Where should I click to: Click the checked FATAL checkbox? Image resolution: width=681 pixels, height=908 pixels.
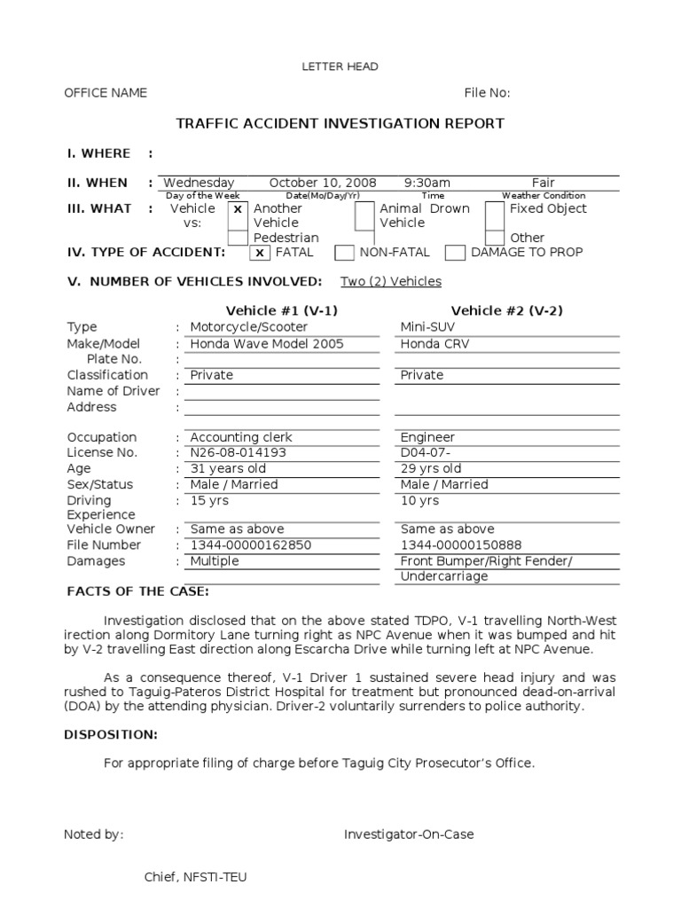(259, 253)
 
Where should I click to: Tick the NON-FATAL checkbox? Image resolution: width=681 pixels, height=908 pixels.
(344, 253)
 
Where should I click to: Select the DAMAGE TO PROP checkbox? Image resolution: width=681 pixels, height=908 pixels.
(455, 253)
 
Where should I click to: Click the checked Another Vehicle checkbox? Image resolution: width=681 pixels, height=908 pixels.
(237, 210)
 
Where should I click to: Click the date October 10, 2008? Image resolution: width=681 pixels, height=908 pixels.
(323, 183)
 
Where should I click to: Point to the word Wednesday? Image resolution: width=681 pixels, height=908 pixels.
(199, 183)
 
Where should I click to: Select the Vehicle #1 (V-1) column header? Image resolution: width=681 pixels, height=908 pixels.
(282, 310)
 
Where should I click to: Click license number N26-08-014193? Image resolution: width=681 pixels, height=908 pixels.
(238, 453)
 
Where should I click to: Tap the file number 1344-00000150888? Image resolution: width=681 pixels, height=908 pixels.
(461, 545)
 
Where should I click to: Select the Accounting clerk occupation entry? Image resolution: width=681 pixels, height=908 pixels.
(241, 437)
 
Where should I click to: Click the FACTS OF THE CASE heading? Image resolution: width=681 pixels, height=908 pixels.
(138, 591)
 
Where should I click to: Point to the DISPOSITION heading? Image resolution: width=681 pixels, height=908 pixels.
(111, 735)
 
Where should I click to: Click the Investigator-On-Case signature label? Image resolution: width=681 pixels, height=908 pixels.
(409, 834)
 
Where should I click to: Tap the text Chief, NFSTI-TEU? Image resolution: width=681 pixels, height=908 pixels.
(196, 877)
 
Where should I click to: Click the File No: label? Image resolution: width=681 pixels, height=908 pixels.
(487, 93)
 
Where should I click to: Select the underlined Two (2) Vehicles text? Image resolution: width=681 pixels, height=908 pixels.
(391, 282)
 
